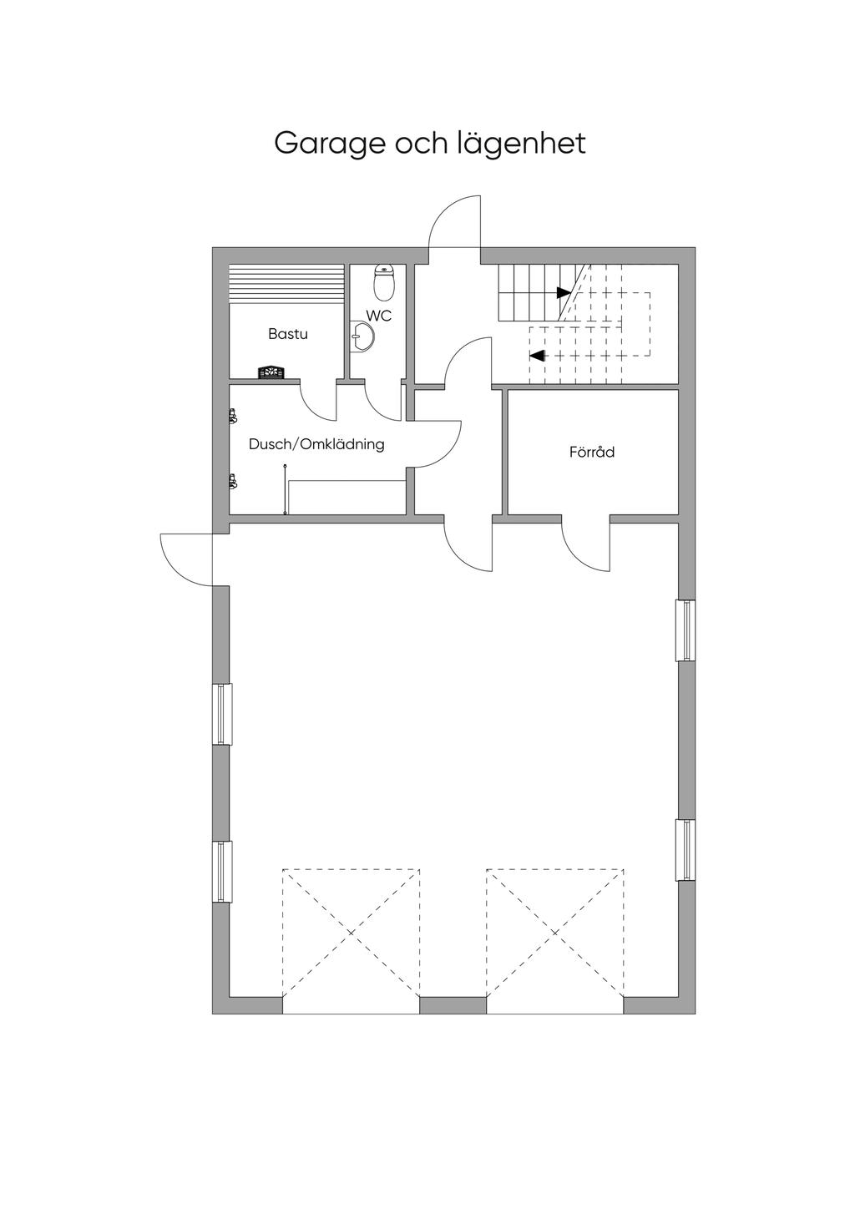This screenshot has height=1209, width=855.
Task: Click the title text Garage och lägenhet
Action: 430,143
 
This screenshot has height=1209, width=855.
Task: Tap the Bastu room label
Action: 288,334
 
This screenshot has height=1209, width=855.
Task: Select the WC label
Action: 378,316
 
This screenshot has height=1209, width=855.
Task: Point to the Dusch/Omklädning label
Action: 316,444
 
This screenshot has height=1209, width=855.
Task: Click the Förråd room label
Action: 592,452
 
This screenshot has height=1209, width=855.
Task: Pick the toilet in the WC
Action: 384,283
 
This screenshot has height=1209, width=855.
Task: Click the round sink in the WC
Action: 363,337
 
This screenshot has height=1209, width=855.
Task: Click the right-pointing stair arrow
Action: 564,292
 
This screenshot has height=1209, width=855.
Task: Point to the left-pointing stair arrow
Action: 537,355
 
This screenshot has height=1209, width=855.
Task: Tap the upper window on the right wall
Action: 685,630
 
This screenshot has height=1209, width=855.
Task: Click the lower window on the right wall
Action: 685,850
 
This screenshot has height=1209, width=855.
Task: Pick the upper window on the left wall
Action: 222,714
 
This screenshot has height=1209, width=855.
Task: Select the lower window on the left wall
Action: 222,872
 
